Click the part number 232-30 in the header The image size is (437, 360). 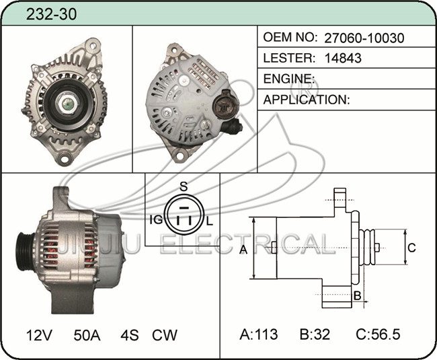click(51, 14)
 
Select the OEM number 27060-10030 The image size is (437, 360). click(364, 38)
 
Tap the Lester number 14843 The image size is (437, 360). click(343, 58)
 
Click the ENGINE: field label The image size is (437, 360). click(289, 79)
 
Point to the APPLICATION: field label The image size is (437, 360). click(307, 100)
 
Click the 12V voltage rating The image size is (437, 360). click(39, 335)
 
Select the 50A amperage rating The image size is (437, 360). click(87, 335)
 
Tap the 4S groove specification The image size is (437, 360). click(130, 335)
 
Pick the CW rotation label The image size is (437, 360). click(165, 335)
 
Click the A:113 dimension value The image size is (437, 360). click(259, 334)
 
